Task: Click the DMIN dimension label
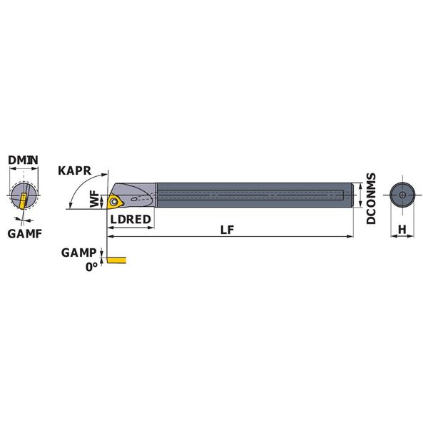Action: [x=23, y=160]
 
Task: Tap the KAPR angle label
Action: [x=74, y=171]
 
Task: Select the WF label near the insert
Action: [x=95, y=199]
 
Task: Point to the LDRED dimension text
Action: [x=131, y=219]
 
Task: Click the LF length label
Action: [x=228, y=230]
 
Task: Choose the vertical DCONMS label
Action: [x=371, y=198]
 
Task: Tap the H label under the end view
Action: [x=402, y=230]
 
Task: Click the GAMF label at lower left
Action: [x=25, y=234]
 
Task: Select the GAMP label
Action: [x=79, y=253]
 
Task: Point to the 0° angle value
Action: [x=91, y=267]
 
